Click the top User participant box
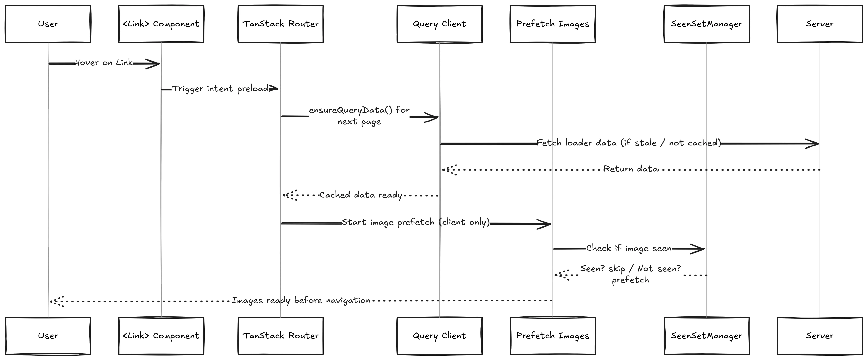[48, 24]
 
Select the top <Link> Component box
[161, 24]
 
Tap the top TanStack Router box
[280, 24]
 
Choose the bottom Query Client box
[439, 336]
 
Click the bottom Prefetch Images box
[553, 336]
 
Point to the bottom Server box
[820, 336]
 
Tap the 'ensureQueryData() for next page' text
[359, 116]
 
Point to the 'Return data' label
[631, 169]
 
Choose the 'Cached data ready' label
[361, 195]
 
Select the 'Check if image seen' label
[629, 248]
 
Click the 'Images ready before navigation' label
[301, 300]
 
